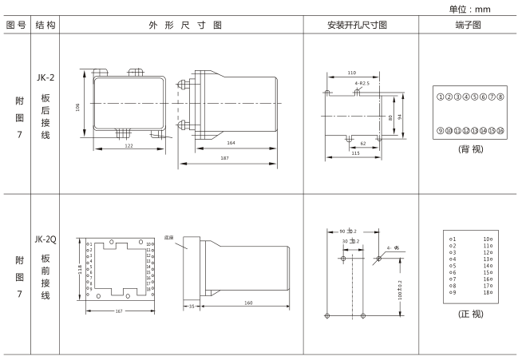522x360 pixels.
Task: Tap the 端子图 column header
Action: coord(467,25)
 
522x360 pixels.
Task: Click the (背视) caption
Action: coord(467,149)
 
